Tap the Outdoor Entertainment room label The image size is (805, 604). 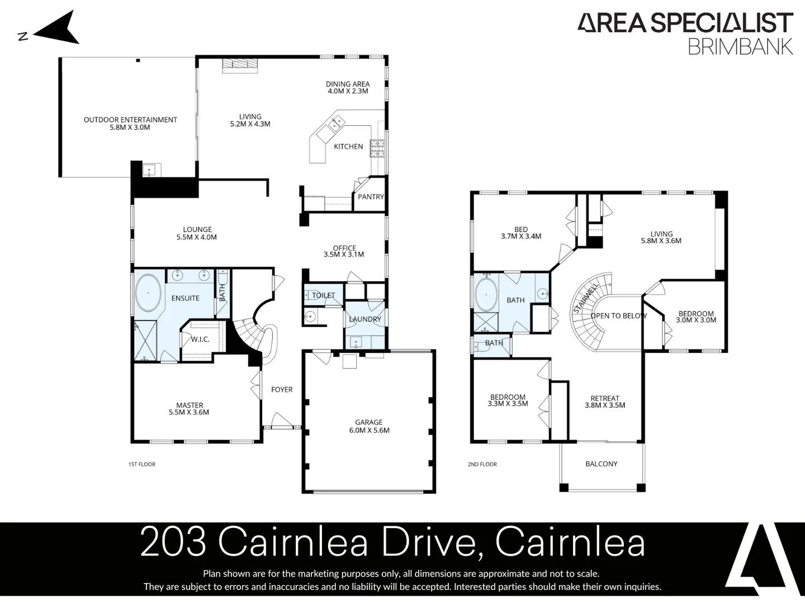tap(130, 120)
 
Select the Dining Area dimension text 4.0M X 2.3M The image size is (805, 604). tap(348, 91)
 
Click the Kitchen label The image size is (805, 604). tap(348, 147)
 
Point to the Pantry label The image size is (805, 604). tap(371, 197)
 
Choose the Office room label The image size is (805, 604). tap(344, 248)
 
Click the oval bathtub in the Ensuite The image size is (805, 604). tap(148, 292)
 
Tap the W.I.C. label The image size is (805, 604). tap(200, 339)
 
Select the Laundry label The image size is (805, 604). tap(365, 319)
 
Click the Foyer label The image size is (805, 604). tap(282, 390)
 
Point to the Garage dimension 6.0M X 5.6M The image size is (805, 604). tap(369, 431)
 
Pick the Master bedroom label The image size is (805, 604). tap(190, 405)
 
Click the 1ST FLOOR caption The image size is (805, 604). tap(142, 464)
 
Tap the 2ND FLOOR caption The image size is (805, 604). tap(482, 464)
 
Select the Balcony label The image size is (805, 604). tap(602, 464)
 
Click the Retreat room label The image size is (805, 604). tap(605, 398)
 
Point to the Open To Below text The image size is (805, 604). tap(618, 316)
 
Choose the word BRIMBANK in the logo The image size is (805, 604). tap(740, 46)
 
